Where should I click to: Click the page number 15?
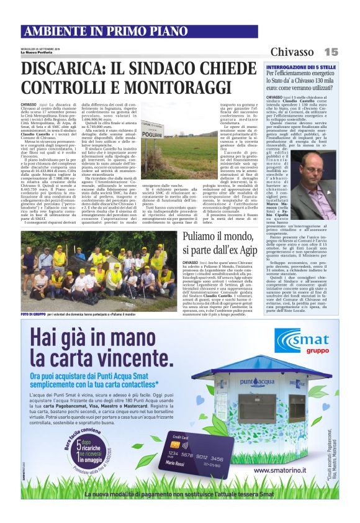(x=330, y=52)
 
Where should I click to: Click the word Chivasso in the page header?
(x=292, y=52)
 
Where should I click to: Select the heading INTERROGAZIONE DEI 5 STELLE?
(x=301, y=66)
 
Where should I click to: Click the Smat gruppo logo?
(x=304, y=340)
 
